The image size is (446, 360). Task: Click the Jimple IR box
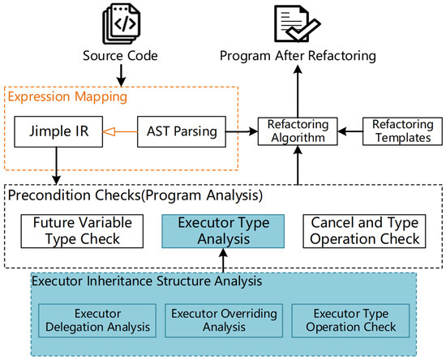(x=58, y=131)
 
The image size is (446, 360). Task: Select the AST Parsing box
(x=182, y=131)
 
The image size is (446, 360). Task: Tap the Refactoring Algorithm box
(x=298, y=131)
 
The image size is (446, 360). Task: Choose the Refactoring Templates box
(x=402, y=131)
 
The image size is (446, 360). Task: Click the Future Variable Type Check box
(x=82, y=231)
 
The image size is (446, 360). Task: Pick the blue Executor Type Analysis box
(x=223, y=231)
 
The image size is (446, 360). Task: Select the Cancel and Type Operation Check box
(x=364, y=231)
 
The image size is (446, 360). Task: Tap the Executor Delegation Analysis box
(x=97, y=321)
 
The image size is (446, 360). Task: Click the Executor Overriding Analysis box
(x=224, y=321)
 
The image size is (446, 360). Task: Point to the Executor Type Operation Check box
(x=350, y=321)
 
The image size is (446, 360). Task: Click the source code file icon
(x=122, y=24)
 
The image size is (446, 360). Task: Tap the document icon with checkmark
(x=298, y=24)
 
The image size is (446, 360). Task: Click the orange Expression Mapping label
(x=67, y=96)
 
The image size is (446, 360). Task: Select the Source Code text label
(x=120, y=56)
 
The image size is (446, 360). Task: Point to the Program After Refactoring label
(x=298, y=56)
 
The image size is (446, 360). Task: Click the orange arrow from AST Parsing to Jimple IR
(x=120, y=131)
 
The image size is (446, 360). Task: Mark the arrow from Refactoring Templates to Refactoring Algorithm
(x=350, y=131)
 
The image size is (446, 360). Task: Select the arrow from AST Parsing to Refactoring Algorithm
(x=242, y=131)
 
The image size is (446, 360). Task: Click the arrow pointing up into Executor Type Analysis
(x=224, y=260)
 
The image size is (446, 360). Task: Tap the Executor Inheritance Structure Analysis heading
(x=147, y=281)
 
